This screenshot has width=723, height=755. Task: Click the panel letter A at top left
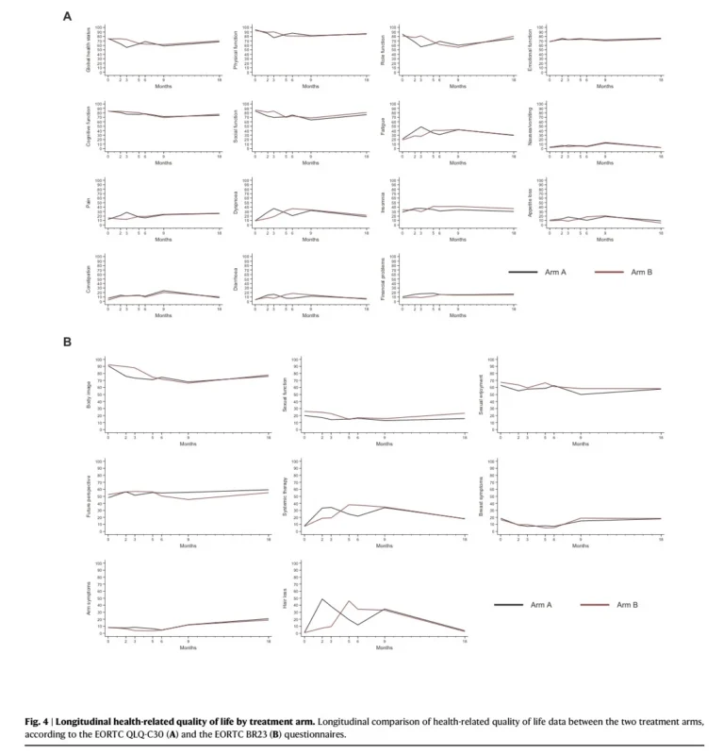click(x=66, y=16)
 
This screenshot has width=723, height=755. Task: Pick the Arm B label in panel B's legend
click(x=630, y=605)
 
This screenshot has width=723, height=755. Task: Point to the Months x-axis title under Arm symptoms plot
click(x=189, y=647)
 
